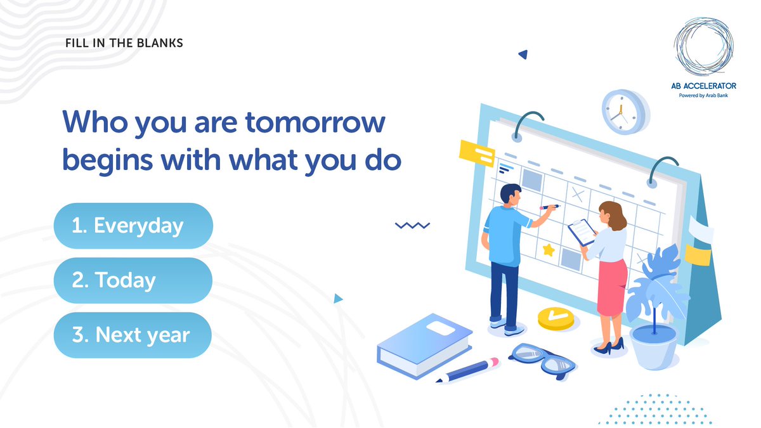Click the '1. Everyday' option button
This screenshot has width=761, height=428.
click(133, 226)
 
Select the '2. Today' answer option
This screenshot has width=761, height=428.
click(133, 280)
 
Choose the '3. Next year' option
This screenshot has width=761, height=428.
click(133, 335)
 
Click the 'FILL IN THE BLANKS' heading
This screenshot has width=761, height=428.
click(124, 44)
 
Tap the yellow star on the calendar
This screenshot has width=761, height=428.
click(548, 250)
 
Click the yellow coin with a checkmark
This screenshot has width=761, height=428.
click(556, 318)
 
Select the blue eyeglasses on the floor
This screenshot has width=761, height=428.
click(543, 360)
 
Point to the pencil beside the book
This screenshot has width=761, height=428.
click(467, 370)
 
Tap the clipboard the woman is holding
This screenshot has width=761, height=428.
click(581, 231)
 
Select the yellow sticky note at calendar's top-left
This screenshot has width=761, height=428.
click(476, 153)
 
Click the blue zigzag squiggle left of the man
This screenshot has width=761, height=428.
click(412, 225)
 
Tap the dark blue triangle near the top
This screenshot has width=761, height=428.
click(524, 55)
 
